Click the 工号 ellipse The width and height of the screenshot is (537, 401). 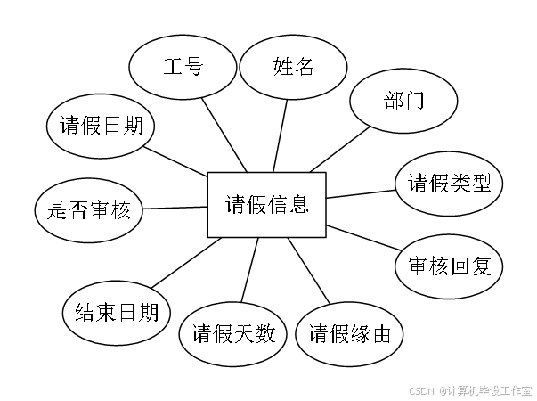pos(183,68)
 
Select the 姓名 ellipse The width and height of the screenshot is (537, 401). pos(293,68)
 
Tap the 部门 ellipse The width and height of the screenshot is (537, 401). pos(403,100)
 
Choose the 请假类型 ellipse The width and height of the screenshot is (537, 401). pos(450,184)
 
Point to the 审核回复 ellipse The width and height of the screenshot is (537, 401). pos(450,266)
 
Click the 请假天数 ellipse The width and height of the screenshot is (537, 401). pos(233,336)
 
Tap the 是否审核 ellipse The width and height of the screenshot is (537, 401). pos(89,211)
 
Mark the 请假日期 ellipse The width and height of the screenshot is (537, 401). pos(101,125)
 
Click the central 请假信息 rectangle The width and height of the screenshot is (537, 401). pos(266,205)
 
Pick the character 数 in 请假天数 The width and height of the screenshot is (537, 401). pos(264,336)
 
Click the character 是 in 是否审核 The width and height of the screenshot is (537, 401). pos(57,211)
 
